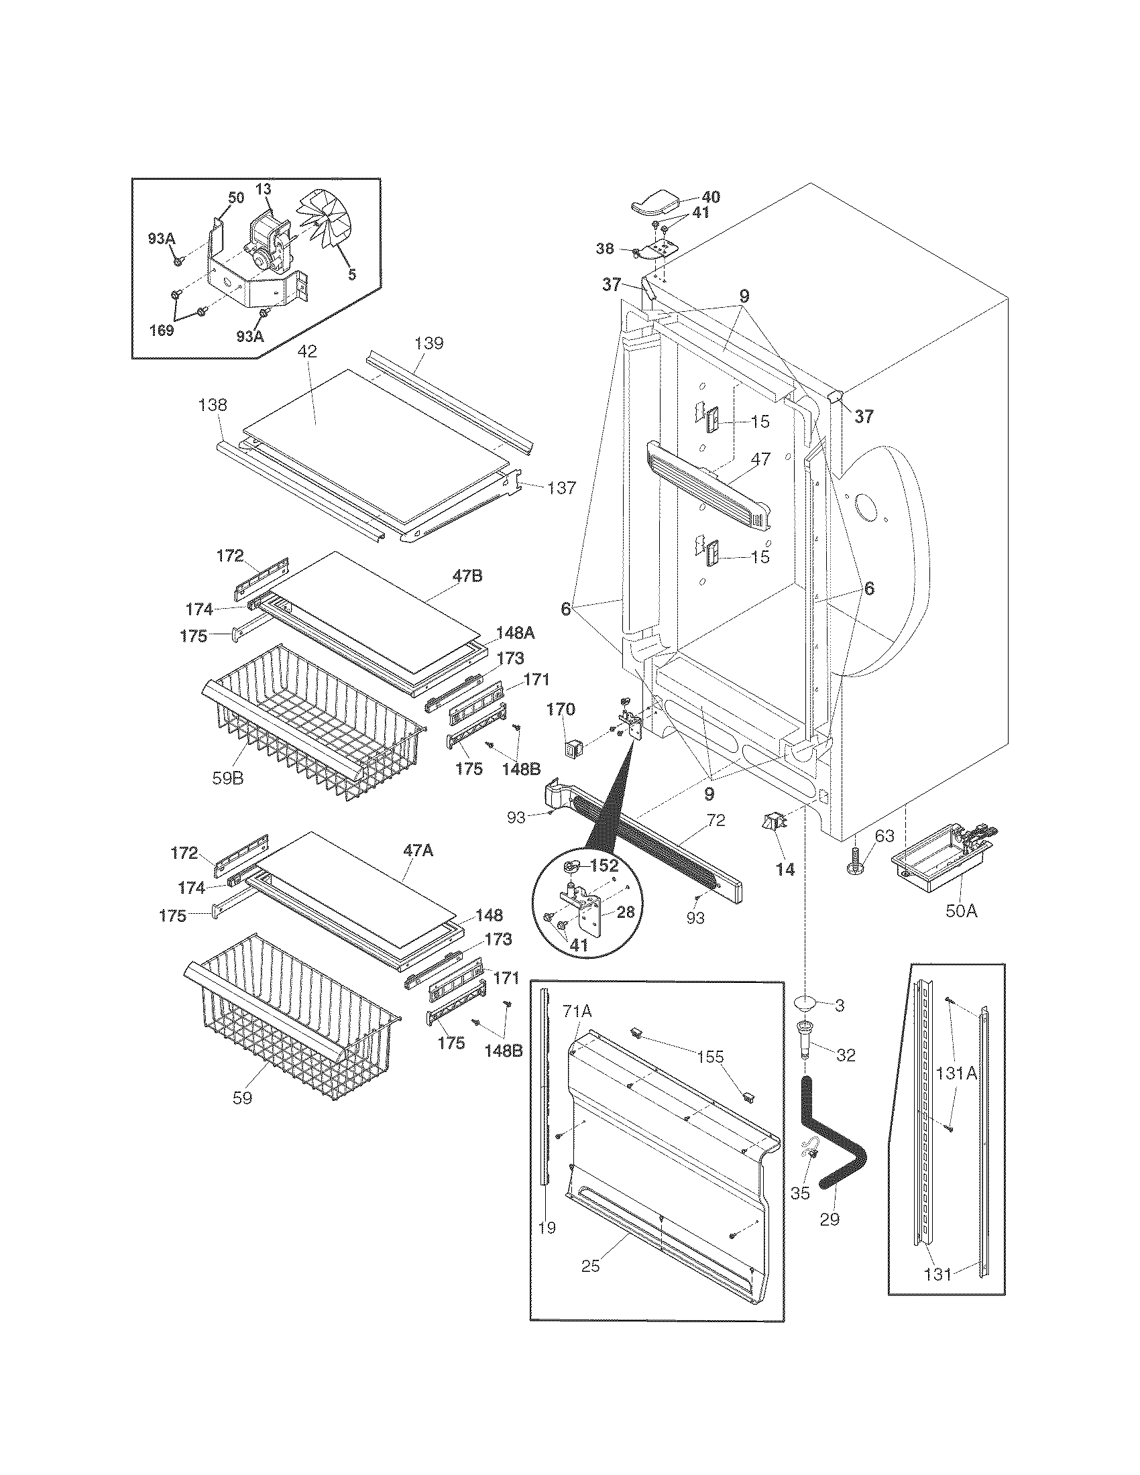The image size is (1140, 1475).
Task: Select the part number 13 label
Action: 264,190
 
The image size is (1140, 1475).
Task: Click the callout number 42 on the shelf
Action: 311,352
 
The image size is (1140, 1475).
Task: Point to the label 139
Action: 430,343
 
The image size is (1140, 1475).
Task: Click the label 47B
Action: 467,576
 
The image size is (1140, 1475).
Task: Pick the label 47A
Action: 418,851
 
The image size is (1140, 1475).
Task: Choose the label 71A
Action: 577,1011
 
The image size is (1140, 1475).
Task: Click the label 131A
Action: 956,1073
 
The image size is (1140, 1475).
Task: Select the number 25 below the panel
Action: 591,1266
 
